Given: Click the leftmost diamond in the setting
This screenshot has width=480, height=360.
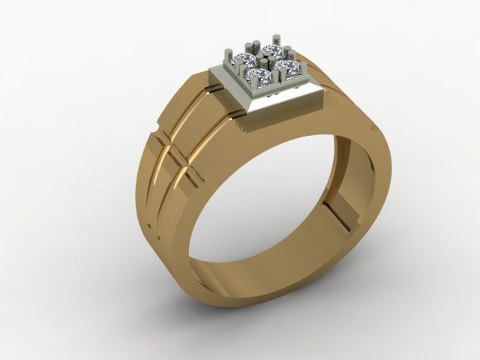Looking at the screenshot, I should pyautogui.click(x=244, y=61).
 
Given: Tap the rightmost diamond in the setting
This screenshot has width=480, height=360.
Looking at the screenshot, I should pyautogui.click(x=288, y=68).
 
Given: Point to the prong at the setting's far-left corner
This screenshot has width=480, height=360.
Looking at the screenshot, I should pyautogui.click(x=228, y=54).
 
